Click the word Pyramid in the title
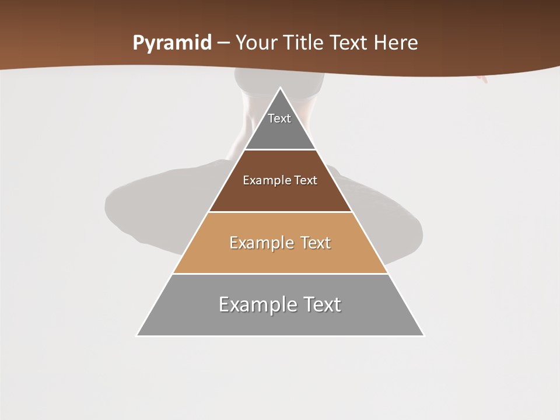tap(172, 43)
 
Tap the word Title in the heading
tap(305, 43)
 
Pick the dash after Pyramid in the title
tap(223, 43)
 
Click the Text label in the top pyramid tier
tap(279, 118)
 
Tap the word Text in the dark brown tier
tap(306, 180)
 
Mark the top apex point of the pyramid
tap(280, 87)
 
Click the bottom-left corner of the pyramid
tap(137, 335)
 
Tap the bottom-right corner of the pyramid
tap(423, 335)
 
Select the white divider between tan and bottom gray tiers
tap(280, 274)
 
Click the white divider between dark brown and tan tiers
tap(280, 212)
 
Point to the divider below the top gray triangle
tap(280, 150)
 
